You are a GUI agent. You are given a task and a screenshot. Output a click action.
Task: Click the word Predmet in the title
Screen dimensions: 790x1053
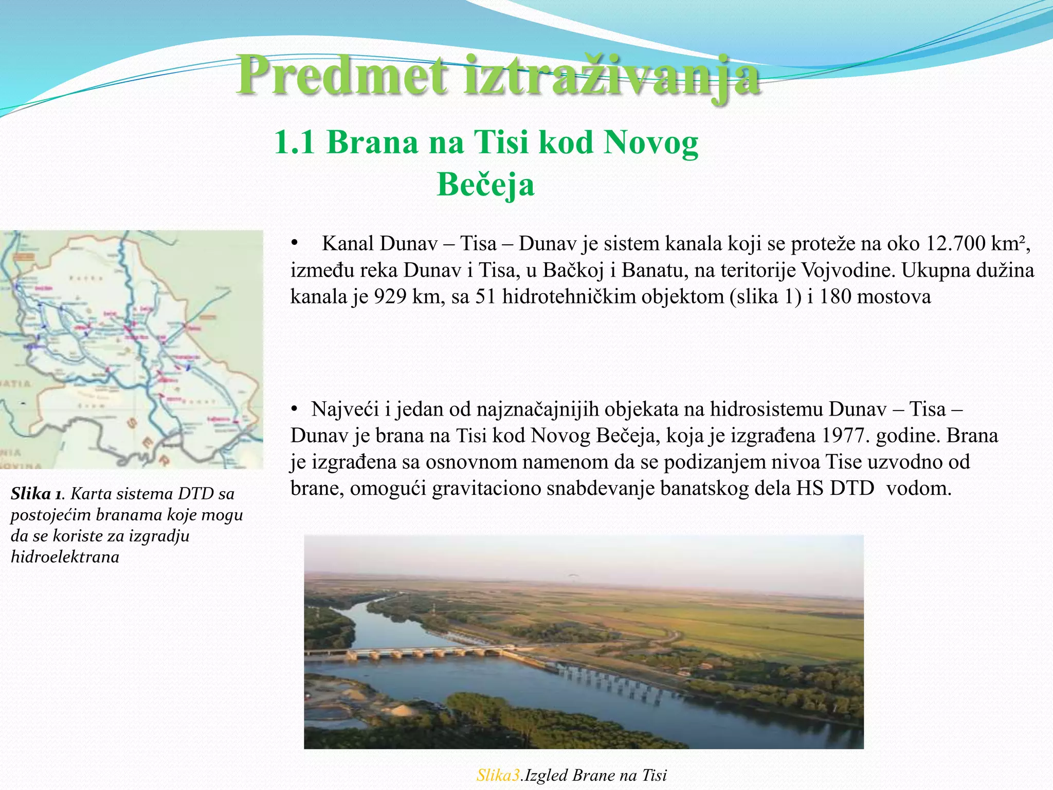click(342, 76)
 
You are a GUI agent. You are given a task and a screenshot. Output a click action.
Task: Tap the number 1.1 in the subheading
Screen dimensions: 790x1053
click(294, 142)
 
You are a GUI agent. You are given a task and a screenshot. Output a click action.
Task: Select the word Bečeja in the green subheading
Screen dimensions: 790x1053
click(485, 185)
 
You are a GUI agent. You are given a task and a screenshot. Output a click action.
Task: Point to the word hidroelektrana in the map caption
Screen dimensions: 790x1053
click(65, 557)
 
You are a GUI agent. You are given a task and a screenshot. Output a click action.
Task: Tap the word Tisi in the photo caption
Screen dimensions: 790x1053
click(654, 775)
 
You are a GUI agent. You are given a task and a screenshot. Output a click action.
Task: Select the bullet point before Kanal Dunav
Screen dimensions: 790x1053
click(295, 243)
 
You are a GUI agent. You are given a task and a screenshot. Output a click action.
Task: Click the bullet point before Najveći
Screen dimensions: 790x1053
click(295, 409)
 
